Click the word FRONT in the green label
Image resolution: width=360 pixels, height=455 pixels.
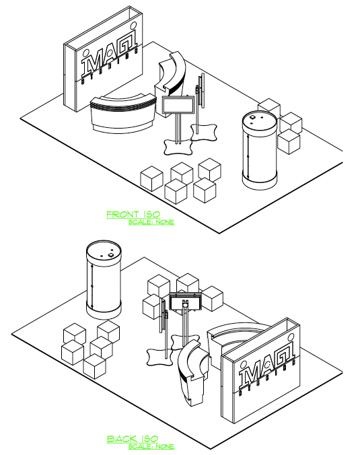122,215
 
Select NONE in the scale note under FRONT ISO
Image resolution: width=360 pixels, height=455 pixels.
165,222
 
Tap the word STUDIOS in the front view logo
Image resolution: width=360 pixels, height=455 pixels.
110,67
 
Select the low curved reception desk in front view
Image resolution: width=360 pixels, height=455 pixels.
123,114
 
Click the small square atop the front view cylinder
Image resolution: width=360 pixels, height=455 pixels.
252,117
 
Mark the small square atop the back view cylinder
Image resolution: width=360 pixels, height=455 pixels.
112,255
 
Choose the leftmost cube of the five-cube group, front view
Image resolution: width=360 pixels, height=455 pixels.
151,178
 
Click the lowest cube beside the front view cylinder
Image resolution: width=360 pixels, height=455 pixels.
289,142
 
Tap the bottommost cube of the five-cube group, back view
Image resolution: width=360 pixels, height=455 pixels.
94,366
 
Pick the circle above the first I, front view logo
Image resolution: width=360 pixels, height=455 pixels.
86,53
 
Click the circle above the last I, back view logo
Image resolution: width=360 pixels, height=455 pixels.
291,337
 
